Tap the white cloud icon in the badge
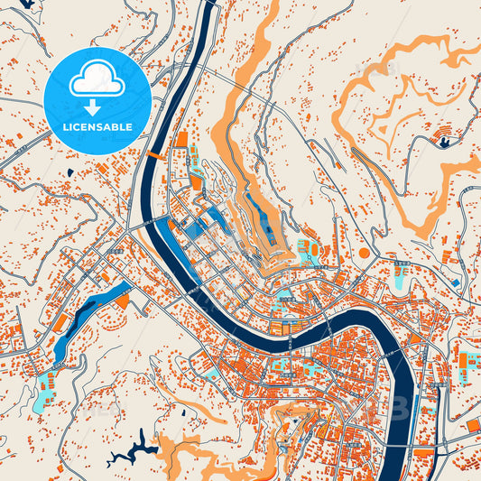[97, 82]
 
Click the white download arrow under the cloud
[97, 106]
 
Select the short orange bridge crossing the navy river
[155, 155]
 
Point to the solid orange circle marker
[364, 253]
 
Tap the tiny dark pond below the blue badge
[69, 172]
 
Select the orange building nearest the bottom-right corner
[472, 425]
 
